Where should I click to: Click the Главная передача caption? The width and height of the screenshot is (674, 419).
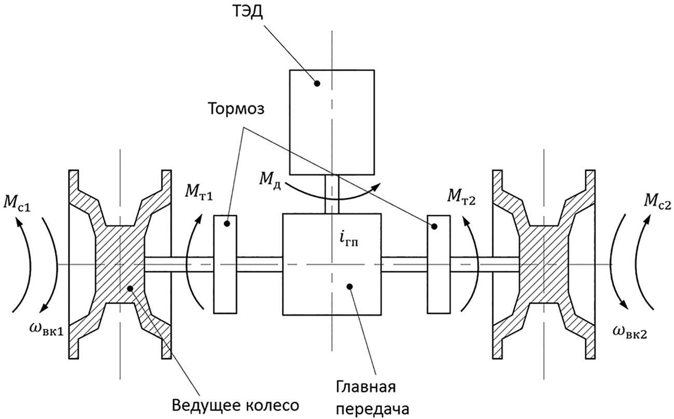pos(366,397)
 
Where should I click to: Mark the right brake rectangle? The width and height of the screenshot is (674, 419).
pos(438,264)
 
